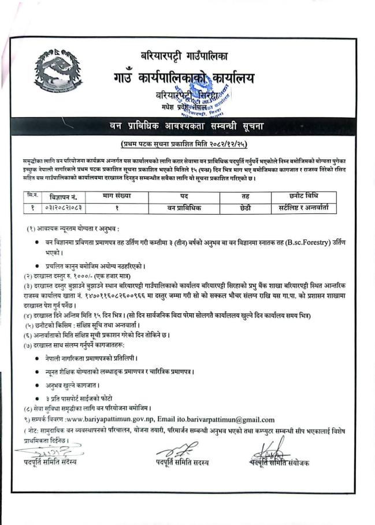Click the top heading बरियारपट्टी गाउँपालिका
point(184,57)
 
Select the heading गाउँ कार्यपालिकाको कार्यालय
point(184,78)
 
